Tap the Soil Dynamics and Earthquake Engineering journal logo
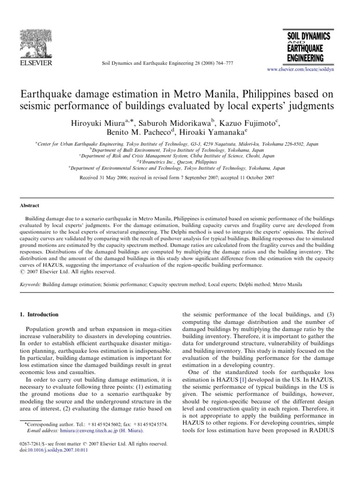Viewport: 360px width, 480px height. [x=305, y=46]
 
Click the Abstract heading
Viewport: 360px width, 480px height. [x=29, y=205]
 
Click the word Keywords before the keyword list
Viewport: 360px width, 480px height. [x=30, y=285]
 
